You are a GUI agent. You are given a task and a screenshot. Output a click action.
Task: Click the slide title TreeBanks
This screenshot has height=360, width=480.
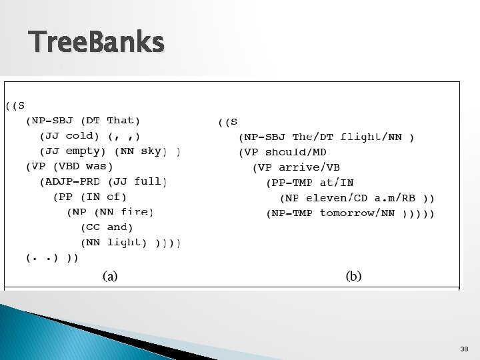coord(97,43)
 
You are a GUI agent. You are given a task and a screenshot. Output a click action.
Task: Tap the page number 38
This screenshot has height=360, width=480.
coord(464,349)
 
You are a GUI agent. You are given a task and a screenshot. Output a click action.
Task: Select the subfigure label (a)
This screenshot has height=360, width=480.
coord(110,275)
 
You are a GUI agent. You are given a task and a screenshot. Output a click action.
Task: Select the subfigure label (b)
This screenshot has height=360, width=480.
coord(353,275)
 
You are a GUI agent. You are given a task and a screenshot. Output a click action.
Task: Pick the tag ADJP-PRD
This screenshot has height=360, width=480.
coord(70,181)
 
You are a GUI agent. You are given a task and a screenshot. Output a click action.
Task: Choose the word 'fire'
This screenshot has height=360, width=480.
coord(137,212)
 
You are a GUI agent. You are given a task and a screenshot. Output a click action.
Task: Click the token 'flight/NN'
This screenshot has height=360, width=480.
coord(371,137)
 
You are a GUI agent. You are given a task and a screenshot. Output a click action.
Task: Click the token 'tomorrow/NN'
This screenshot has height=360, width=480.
coord(357,213)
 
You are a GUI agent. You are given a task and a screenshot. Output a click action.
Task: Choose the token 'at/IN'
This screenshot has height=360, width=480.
coord(337,183)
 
